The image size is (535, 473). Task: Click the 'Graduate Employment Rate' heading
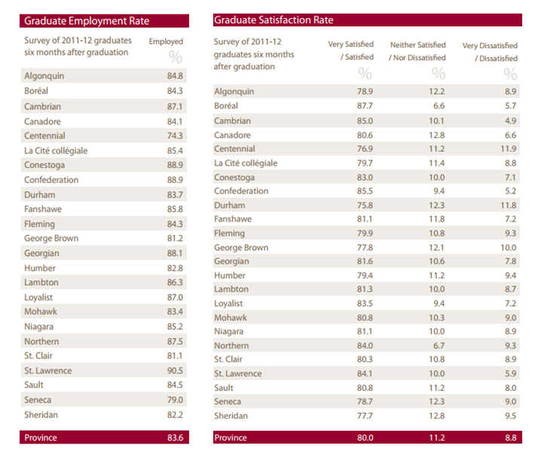click(87, 21)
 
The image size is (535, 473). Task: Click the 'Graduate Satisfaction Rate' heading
click(274, 20)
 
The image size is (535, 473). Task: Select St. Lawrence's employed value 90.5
click(175, 371)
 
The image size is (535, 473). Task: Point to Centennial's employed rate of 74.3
click(175, 136)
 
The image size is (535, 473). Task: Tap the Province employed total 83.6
click(175, 438)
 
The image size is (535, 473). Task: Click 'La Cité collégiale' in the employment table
click(56, 151)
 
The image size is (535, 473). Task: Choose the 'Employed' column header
click(166, 41)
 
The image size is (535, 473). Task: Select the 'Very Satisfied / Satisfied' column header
click(350, 50)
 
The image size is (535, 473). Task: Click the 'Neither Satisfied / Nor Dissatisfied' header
click(417, 51)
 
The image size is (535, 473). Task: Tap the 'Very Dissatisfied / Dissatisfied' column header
click(490, 52)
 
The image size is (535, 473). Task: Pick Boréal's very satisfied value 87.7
click(365, 105)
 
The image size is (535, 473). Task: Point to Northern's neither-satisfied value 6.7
click(439, 346)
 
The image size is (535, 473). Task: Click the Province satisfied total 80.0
click(365, 438)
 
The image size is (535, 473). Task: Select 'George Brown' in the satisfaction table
click(241, 248)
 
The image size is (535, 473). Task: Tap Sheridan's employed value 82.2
click(175, 415)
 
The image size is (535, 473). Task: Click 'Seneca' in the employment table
click(38, 400)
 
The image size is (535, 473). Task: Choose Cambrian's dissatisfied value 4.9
click(510, 121)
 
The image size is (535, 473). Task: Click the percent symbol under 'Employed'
click(176, 57)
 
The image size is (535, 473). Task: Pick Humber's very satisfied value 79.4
click(365, 276)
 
